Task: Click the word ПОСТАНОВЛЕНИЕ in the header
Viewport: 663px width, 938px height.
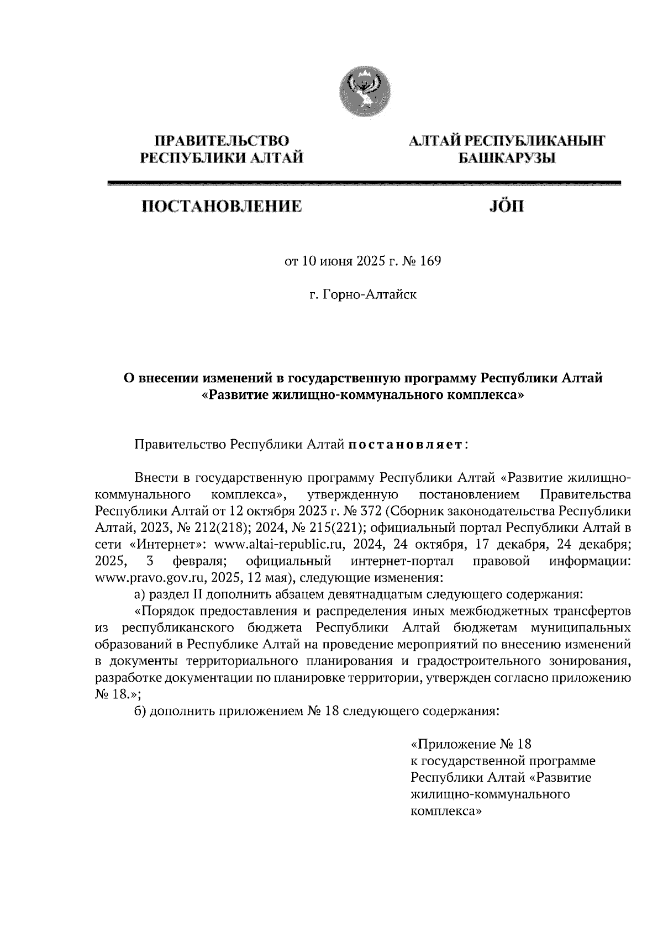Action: click(222, 207)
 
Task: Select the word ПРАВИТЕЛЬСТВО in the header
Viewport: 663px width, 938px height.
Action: click(222, 141)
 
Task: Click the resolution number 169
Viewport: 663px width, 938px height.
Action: click(430, 261)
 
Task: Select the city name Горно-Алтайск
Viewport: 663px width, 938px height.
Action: click(370, 294)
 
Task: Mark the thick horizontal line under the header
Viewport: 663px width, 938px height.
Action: click(365, 183)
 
